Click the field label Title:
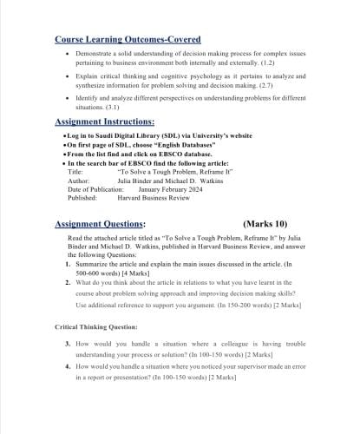coord(75,172)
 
